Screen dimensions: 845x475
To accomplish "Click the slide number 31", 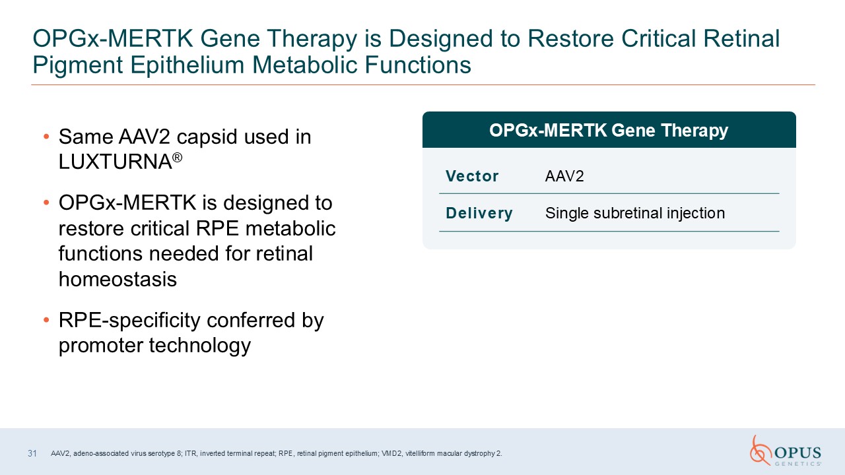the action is [x=32, y=453].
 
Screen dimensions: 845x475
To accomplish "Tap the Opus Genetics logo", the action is [x=786, y=451].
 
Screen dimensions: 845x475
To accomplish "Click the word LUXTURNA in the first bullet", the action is [x=115, y=162].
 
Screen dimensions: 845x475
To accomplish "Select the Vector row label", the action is [x=472, y=176].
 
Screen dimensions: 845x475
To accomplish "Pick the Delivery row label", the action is [x=479, y=213].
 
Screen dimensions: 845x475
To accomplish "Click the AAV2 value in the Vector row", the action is [x=564, y=176].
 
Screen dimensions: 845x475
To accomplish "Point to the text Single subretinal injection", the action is [x=635, y=213].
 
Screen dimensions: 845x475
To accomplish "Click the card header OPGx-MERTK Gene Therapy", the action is [x=609, y=131].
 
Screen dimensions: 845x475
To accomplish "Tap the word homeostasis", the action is [x=118, y=279].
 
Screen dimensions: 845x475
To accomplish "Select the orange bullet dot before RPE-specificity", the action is [x=46, y=320].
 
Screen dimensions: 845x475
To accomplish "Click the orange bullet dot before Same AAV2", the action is [x=46, y=137].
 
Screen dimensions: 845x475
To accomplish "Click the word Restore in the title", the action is [x=571, y=39].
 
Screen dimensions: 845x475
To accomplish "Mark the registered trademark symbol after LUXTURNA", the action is [x=178, y=157].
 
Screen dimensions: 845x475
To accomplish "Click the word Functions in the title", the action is [x=418, y=65].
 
